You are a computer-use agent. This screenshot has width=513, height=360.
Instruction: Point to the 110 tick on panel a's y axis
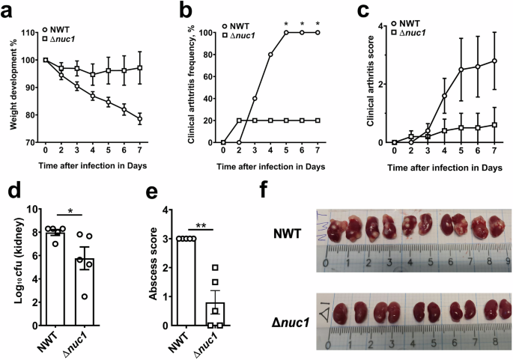(x=30, y=33)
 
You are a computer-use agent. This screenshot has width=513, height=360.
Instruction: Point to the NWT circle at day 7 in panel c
(x=494, y=61)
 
